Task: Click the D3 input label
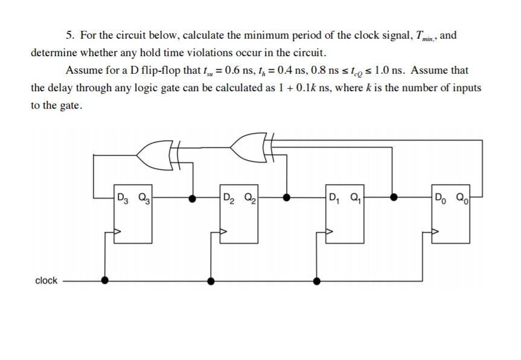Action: [x=123, y=196]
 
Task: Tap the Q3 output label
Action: [x=143, y=196]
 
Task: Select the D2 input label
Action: [x=228, y=196]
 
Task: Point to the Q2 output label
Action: [x=249, y=196]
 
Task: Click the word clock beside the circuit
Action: [x=46, y=280]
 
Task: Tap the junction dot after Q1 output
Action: [x=394, y=197]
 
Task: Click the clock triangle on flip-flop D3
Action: [x=118, y=231]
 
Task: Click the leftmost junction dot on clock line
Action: [x=104, y=280]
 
